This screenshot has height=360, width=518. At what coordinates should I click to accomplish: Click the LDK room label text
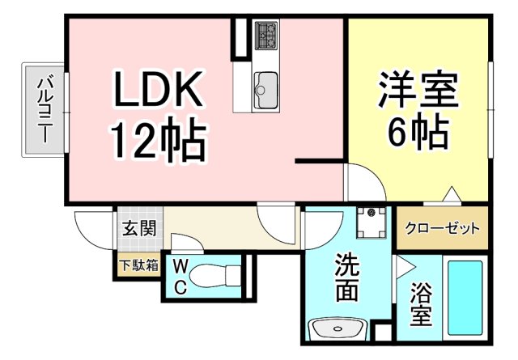click(157, 91)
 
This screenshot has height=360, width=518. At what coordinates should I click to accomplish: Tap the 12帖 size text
click(159, 142)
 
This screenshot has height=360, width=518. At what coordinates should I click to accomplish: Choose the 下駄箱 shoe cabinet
click(138, 265)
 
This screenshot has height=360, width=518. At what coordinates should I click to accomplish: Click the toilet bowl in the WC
click(214, 276)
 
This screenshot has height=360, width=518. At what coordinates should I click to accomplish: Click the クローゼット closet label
click(443, 228)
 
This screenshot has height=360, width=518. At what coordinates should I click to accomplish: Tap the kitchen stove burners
click(265, 34)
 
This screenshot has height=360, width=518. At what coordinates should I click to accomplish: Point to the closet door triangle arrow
click(449, 194)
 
